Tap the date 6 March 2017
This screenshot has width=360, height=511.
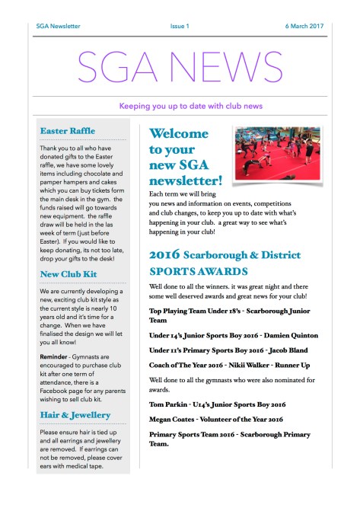pyautogui.click(x=304, y=26)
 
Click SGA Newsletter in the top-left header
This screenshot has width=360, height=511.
pyautogui.click(x=58, y=26)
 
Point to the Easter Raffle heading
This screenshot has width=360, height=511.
pyautogui.click(x=67, y=131)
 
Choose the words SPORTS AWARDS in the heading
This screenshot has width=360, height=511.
pyautogui.click(x=199, y=270)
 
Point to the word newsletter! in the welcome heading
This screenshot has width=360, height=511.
pyautogui.click(x=186, y=180)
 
